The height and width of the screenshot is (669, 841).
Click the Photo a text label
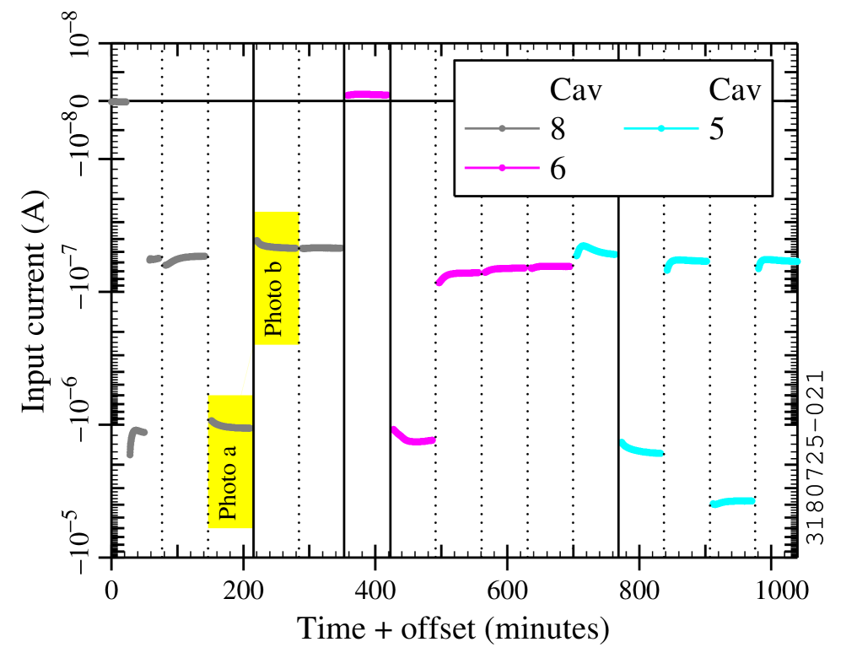point(228,482)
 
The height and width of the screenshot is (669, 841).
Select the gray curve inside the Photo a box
point(229,425)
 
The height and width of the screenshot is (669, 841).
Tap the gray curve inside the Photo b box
point(277,246)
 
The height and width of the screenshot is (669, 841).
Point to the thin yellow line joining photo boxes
point(246,372)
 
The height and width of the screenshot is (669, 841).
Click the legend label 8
point(558,129)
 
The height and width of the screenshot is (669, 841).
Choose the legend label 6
point(558,169)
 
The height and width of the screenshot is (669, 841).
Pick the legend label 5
point(716,129)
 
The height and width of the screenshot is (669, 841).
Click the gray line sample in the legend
point(502,128)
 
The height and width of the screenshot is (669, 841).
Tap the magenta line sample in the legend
point(502,168)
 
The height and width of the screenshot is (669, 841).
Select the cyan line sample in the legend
point(660,128)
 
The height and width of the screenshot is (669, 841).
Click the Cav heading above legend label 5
point(734,90)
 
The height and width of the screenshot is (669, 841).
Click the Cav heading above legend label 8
point(575,90)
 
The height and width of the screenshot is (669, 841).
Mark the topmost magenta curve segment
point(368,94)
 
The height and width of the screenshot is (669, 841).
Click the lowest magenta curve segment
point(412,440)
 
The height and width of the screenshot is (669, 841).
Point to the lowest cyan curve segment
point(732,502)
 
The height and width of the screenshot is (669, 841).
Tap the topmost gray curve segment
point(119,102)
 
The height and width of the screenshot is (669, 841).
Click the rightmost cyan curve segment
point(778,261)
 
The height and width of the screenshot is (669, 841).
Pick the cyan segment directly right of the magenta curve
point(595,250)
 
